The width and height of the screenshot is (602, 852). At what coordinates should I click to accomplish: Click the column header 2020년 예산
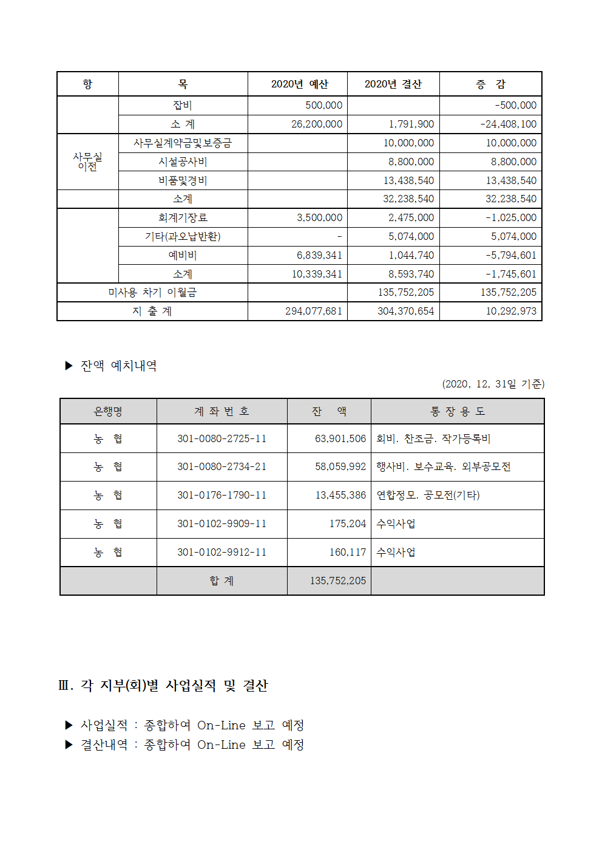(299, 84)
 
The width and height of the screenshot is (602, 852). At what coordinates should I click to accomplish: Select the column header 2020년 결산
(393, 84)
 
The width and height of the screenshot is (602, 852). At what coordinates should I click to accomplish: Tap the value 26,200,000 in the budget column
(317, 124)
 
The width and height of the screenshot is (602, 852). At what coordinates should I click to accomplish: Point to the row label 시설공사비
(183, 162)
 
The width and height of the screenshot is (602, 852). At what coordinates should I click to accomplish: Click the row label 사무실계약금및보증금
(183, 143)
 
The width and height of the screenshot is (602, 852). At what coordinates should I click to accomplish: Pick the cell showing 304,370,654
(405, 311)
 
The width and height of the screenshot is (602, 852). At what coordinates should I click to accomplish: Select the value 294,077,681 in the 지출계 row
(314, 311)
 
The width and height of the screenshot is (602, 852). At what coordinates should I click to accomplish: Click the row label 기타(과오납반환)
(183, 236)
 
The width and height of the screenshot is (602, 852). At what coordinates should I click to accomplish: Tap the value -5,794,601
(510, 255)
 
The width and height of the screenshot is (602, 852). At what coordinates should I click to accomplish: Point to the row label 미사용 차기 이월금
(152, 292)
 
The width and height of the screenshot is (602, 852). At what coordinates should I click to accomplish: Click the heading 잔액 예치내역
(118, 366)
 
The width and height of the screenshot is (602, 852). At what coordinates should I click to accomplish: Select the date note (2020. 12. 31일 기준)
(493, 384)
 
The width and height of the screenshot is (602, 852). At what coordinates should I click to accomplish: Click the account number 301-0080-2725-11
(222, 438)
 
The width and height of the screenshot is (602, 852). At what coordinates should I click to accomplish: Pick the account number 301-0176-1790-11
(222, 495)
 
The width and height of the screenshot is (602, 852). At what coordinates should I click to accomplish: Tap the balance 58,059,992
(340, 466)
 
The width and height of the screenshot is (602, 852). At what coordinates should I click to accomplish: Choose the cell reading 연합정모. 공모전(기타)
(428, 495)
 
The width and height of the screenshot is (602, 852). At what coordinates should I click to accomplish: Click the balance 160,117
(347, 552)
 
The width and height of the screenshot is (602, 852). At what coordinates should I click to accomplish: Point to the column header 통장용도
(458, 411)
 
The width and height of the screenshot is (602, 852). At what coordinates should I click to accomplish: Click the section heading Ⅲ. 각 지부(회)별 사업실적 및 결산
(163, 686)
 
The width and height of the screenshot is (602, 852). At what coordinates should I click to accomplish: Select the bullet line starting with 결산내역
(192, 745)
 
